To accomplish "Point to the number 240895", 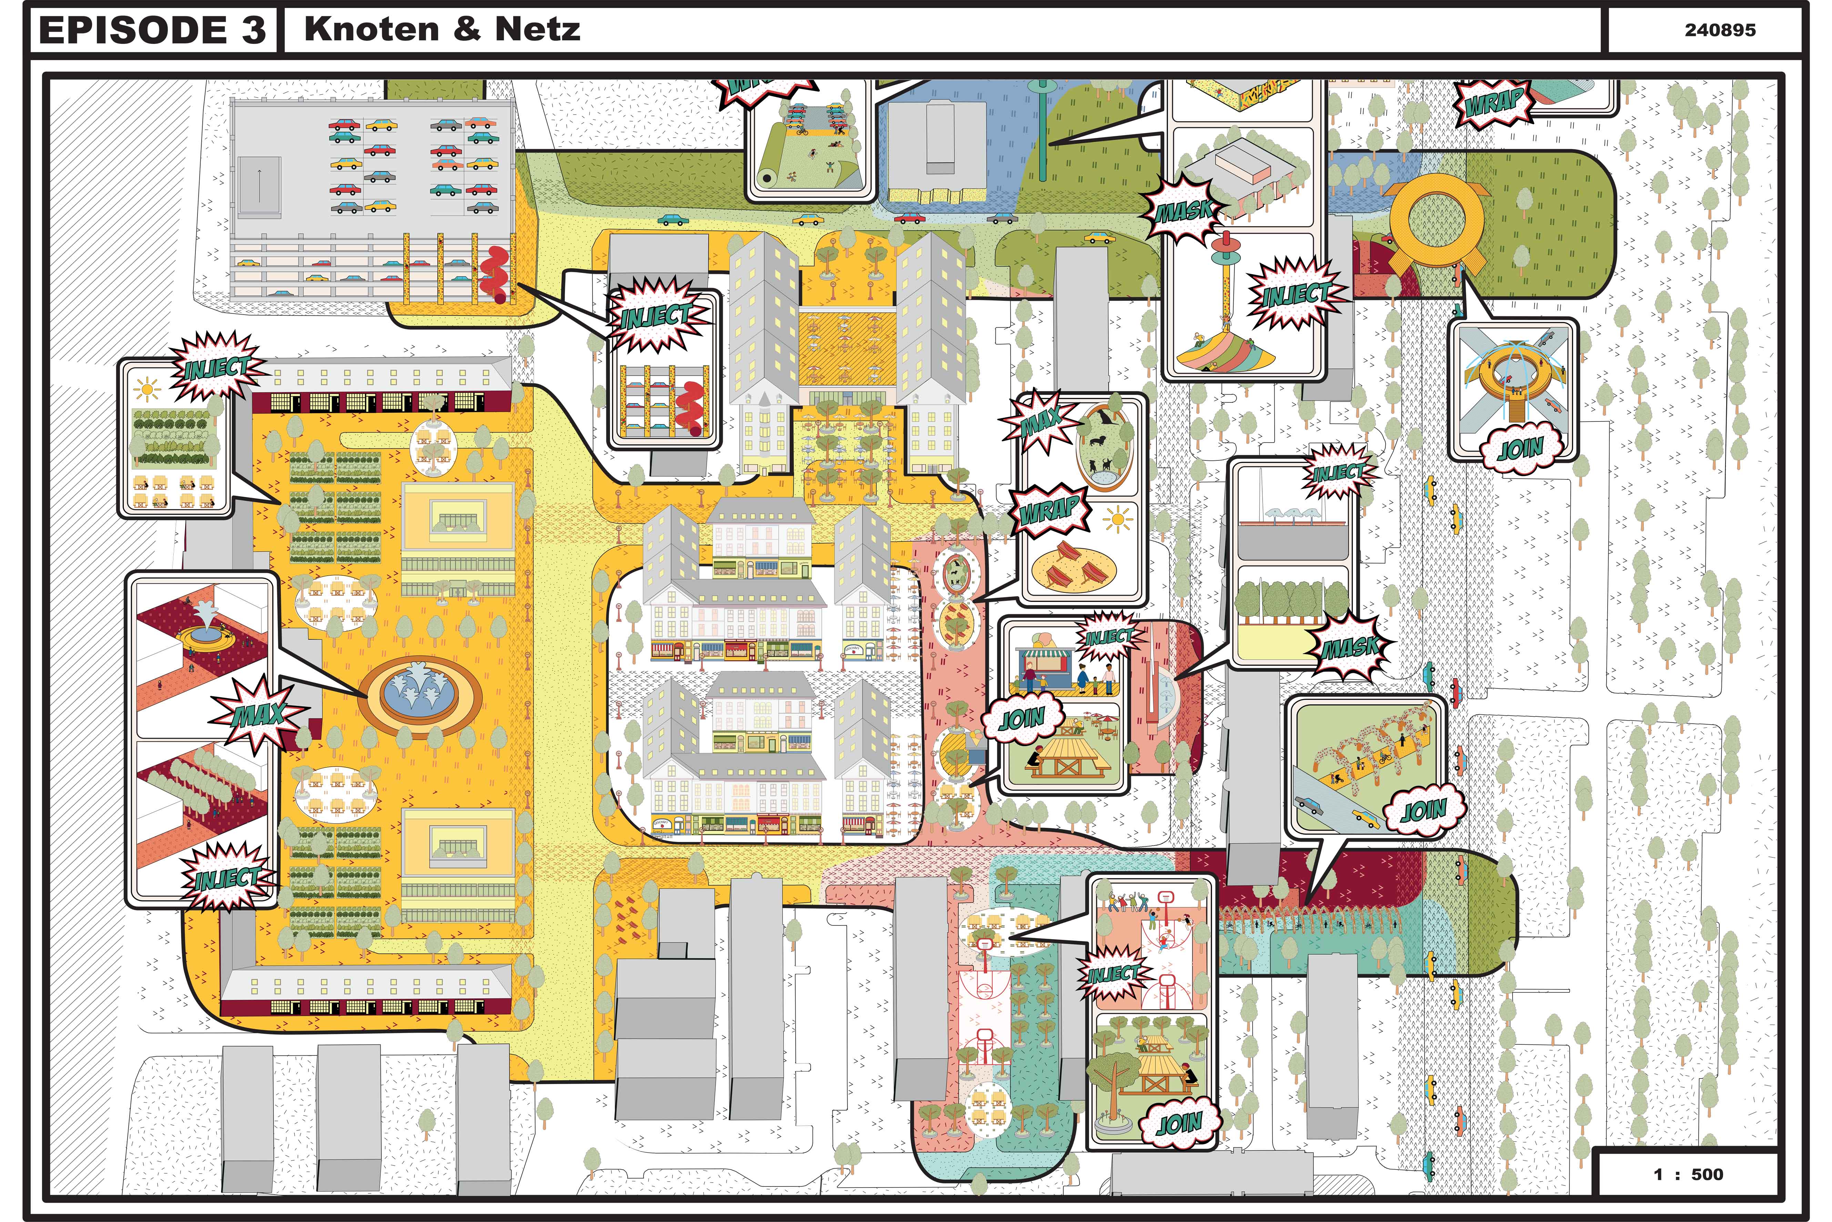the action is (x=1720, y=30).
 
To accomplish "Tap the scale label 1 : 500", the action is (x=1688, y=1174).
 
